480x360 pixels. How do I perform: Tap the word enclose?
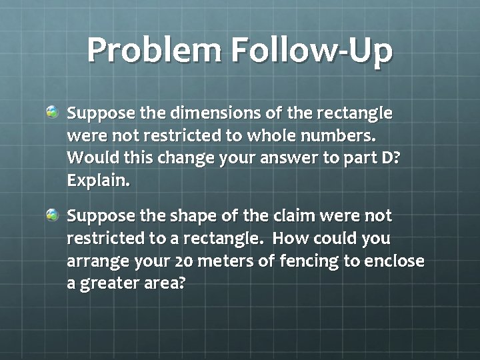tap(393, 261)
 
